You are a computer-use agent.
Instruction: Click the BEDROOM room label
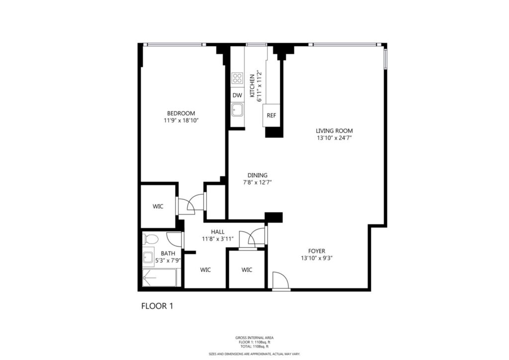pyautogui.click(x=181, y=113)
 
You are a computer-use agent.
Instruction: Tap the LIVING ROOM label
pyautogui.click(x=334, y=131)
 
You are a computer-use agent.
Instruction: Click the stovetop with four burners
pyautogui.click(x=237, y=78)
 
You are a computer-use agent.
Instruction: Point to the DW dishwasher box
pyautogui.click(x=237, y=95)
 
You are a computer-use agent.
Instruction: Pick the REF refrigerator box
pyautogui.click(x=271, y=115)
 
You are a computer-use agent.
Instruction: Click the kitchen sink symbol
pyautogui.click(x=237, y=110)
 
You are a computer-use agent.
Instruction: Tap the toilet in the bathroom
pyautogui.click(x=150, y=239)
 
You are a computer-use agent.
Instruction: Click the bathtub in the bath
pyautogui.click(x=160, y=277)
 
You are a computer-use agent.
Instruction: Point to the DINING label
pyautogui.click(x=257, y=176)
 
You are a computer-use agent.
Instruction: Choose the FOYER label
pyautogui.click(x=317, y=251)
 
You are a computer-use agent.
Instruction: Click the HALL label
pyautogui.click(x=218, y=232)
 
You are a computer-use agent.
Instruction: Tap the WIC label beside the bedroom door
pyautogui.click(x=158, y=206)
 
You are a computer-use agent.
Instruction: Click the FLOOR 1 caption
pyautogui.click(x=157, y=306)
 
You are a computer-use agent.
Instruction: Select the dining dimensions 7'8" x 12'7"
pyautogui.click(x=257, y=182)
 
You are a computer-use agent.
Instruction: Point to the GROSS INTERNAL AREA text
pyautogui.click(x=254, y=338)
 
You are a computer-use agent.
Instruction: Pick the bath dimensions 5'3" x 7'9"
pyautogui.click(x=168, y=260)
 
